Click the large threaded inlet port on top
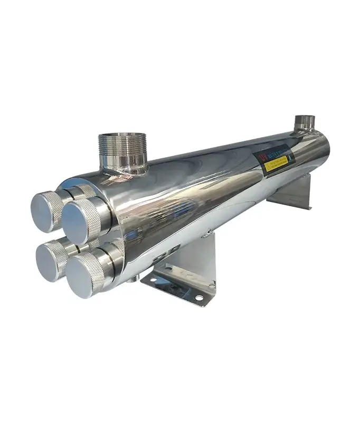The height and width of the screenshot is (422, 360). click(x=122, y=150)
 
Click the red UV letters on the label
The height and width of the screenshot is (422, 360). click(x=261, y=156)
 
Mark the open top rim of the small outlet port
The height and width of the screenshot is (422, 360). click(x=305, y=117)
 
